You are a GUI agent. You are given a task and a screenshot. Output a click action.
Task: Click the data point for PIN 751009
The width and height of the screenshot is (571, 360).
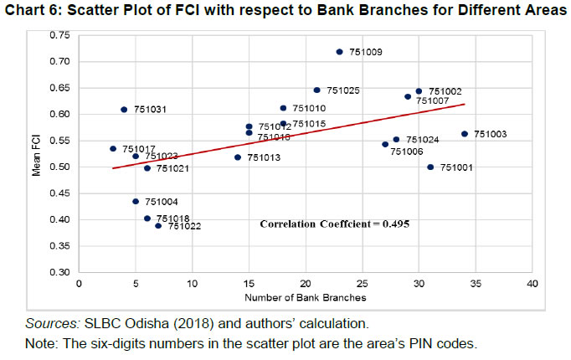click(339, 52)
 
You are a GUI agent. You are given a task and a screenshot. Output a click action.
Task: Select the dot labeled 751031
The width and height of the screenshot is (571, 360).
click(124, 110)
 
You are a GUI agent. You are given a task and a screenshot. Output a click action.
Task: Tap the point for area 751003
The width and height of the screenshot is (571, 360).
click(464, 134)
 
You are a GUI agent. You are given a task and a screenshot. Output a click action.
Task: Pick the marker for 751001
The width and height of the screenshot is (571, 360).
click(430, 167)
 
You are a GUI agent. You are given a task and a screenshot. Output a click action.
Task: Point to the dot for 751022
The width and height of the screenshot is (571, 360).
click(158, 226)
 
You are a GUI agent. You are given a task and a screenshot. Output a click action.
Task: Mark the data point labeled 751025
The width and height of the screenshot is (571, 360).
click(316, 90)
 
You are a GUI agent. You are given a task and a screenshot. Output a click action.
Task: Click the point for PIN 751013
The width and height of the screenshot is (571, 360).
click(238, 157)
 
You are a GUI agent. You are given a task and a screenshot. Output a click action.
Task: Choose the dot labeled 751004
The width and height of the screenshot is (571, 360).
click(136, 202)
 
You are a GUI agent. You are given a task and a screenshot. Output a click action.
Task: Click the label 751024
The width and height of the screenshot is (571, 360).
click(422, 140)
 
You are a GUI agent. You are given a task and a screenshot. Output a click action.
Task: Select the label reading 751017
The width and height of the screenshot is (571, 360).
click(139, 149)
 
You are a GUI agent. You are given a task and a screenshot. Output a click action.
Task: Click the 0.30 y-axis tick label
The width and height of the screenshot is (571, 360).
click(59, 273)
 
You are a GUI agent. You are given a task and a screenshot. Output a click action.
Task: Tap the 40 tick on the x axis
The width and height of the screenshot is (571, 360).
click(532, 284)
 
